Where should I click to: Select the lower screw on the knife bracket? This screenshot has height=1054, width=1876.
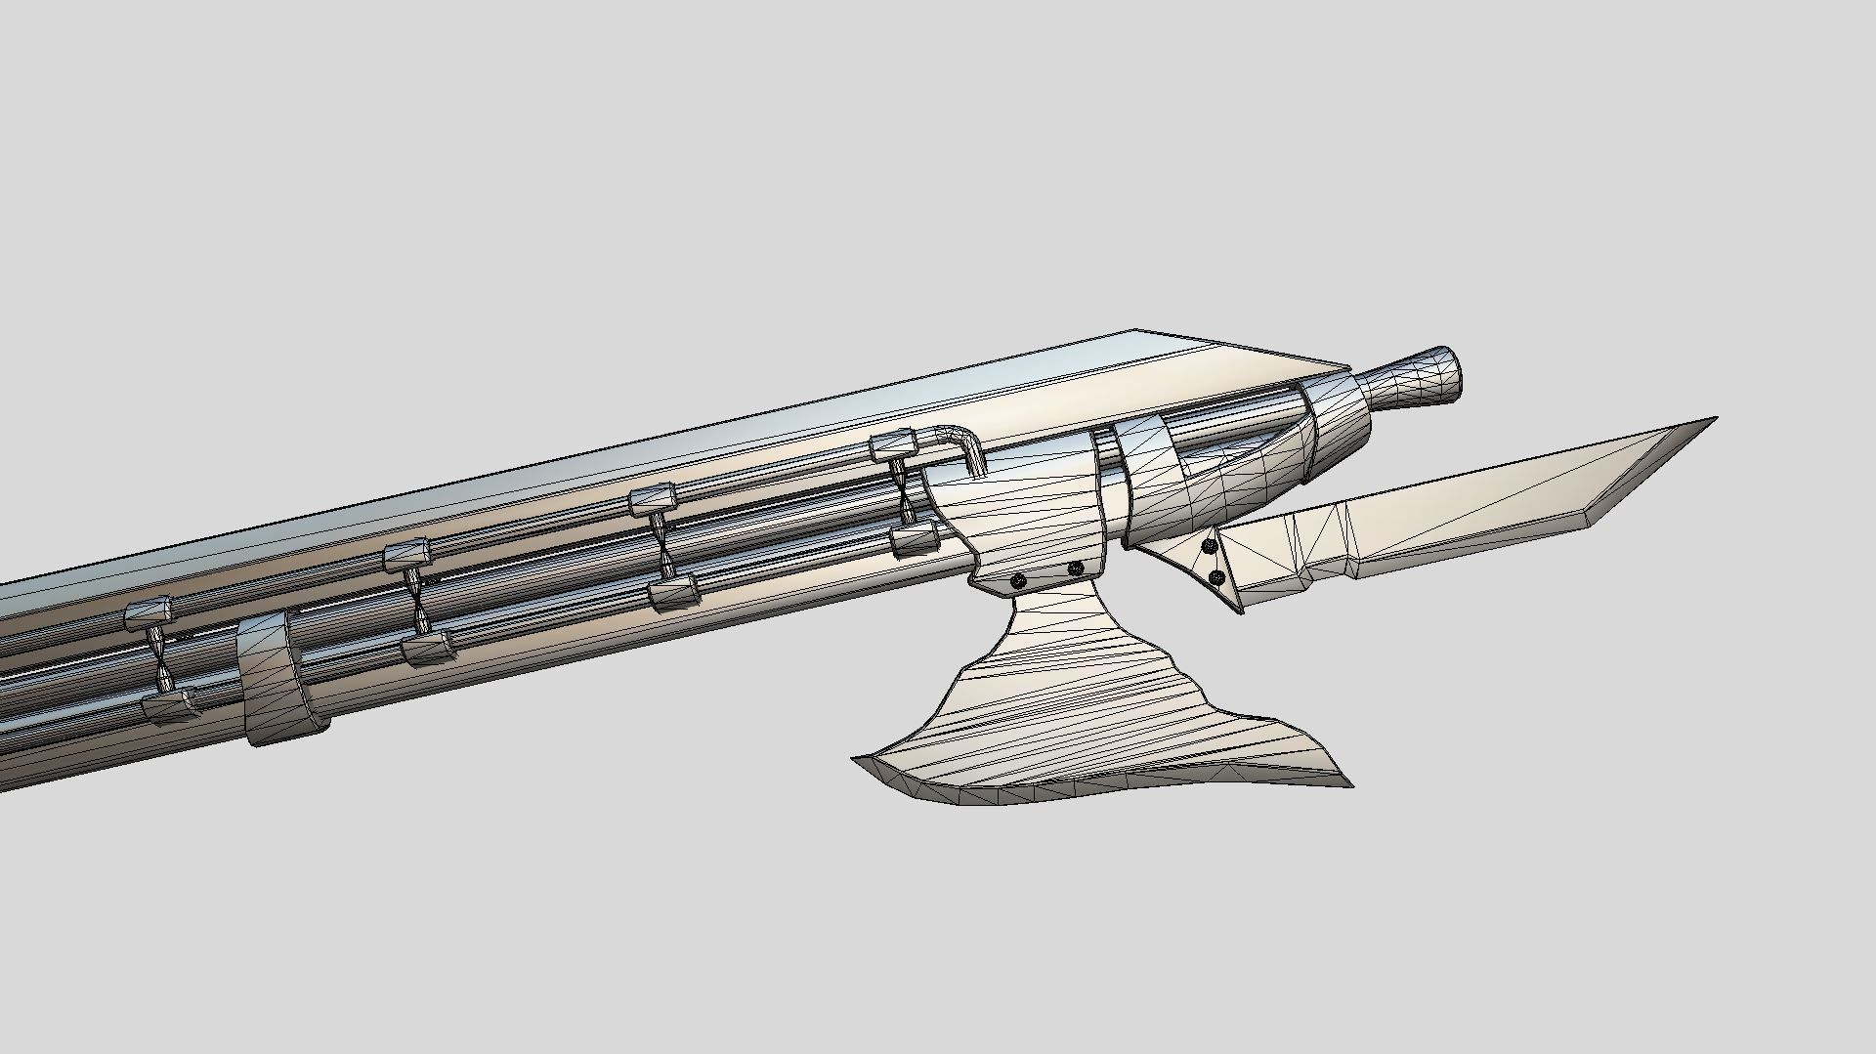1216,579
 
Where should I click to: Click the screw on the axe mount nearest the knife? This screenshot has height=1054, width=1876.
1075,569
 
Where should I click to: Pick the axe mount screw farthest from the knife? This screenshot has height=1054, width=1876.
1018,580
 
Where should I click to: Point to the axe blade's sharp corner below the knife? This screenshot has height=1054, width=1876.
1350,783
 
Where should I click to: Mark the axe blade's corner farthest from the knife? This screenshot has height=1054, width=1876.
856,759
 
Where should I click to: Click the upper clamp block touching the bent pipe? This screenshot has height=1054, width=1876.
893,446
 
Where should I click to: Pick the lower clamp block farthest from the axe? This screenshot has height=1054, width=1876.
170,707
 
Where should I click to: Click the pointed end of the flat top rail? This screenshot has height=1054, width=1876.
1348,371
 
